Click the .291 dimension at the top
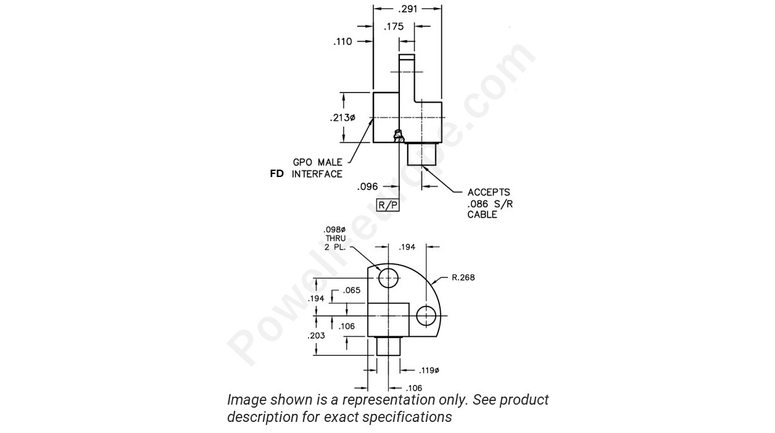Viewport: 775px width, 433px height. [407, 9]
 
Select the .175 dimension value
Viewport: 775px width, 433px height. [393, 27]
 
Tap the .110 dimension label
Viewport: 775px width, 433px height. [342, 42]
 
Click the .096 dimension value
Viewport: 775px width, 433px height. [368, 186]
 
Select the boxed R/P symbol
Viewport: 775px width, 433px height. [388, 205]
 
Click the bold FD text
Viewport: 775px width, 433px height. [277, 174]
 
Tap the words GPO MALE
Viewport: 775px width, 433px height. [317, 162]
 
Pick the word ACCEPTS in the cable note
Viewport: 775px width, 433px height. [489, 192]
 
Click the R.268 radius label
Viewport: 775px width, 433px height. [463, 277]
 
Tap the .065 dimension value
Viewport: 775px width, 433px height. [352, 290]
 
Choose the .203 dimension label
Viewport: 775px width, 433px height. [316, 336]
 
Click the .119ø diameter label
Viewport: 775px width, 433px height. [428, 371]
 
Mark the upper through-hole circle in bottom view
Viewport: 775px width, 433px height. [389, 278]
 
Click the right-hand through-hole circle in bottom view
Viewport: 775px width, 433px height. [426, 316]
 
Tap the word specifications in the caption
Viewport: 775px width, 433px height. [407, 417]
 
